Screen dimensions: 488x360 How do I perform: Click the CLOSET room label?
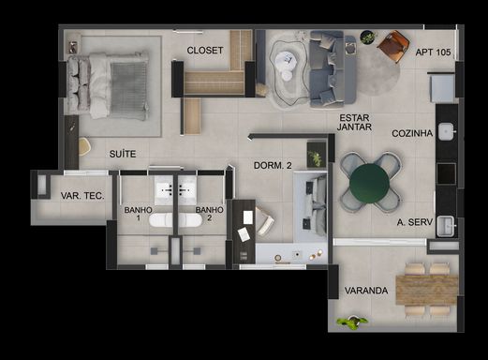click(x=205, y=51)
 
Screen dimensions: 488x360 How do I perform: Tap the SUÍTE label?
click(x=123, y=154)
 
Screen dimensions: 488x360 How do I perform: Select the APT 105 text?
click(x=433, y=52)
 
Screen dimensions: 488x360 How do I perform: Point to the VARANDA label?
click(x=366, y=291)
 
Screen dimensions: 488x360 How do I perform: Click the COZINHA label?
click(x=412, y=133)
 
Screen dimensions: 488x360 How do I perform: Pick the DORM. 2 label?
click(x=273, y=165)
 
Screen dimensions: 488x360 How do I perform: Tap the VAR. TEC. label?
click(x=82, y=196)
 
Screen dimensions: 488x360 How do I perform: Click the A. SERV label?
click(x=415, y=222)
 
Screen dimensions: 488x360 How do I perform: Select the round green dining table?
click(x=370, y=183)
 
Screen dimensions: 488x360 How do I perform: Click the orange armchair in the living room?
click(x=393, y=46)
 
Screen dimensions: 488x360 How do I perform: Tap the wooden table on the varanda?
click(x=426, y=290)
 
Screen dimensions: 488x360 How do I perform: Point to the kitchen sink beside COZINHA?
click(x=446, y=131)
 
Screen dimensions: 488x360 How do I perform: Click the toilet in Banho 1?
click(x=160, y=220)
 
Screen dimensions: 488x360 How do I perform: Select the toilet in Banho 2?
click(x=190, y=220)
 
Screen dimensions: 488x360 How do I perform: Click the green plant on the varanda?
click(x=352, y=322)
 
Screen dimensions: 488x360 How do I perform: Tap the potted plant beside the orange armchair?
click(x=368, y=37)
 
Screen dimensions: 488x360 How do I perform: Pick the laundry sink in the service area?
click(x=445, y=226)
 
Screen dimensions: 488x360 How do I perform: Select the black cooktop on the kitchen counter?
click(x=446, y=173)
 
